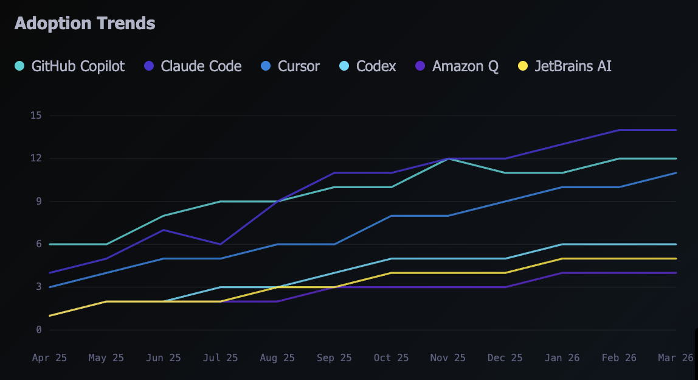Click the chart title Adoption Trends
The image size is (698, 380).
[85, 24]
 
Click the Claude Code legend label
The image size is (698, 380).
[201, 66]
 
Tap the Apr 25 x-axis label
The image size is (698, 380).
[49, 358]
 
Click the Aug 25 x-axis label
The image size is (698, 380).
[277, 358]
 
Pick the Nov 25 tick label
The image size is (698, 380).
[448, 358]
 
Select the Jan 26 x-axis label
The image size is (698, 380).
[562, 358]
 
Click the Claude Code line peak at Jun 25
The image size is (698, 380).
[164, 230]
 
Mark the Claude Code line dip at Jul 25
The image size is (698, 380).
[221, 244]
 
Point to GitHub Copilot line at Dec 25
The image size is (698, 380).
[505, 173]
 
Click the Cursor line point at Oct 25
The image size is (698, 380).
[392, 216]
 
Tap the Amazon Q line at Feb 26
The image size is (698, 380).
[619, 273]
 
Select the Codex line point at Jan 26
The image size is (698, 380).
[562, 244]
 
